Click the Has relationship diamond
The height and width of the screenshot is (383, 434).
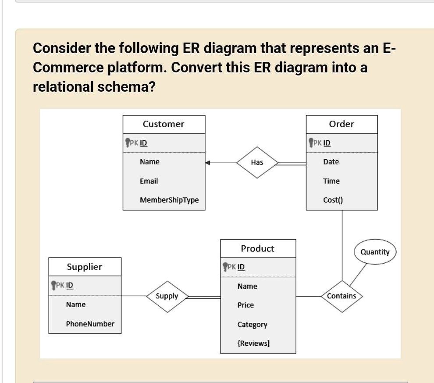257,162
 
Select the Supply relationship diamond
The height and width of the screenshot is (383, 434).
167,296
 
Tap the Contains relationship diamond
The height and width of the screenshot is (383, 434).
342,296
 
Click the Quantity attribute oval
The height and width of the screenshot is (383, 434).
375,252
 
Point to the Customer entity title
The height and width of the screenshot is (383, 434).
164,124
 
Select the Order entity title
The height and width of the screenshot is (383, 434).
341,124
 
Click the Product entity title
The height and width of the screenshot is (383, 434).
257,249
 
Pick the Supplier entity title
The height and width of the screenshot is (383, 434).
84,267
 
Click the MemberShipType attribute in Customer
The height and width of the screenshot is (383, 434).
169,200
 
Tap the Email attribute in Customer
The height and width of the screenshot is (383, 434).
149,181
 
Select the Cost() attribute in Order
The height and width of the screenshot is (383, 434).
333,200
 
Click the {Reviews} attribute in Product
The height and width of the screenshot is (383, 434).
253,343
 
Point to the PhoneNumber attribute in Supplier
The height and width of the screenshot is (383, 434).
90,324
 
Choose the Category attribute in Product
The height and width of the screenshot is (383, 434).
252,325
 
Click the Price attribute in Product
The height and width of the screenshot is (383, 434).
245,305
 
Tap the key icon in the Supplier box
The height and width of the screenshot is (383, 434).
54,285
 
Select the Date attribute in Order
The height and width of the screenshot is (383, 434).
331,162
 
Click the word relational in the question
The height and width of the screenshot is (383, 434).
63,87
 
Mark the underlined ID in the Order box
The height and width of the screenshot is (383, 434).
327,143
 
